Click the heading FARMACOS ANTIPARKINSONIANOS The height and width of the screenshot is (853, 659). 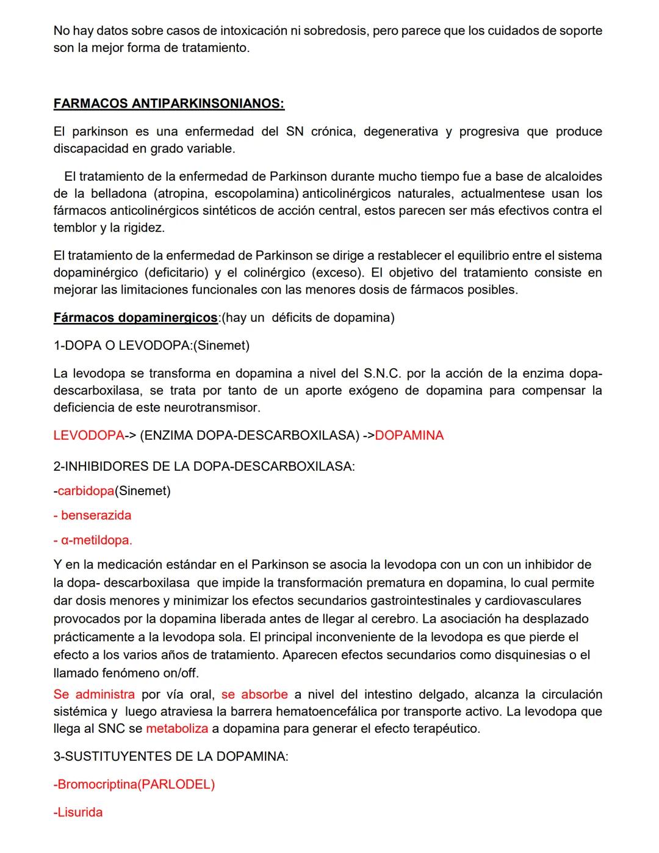pyautogui.click(x=169, y=104)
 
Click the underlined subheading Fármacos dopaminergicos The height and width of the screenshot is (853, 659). pyautogui.click(x=135, y=318)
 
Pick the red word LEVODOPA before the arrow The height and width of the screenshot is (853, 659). pyautogui.click(x=88, y=435)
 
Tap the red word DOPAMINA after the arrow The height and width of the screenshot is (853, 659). pyautogui.click(x=409, y=435)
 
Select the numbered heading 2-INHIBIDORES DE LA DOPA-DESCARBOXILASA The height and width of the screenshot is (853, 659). pyautogui.click(x=204, y=466)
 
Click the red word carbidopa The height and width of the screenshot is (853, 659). pyautogui.click(x=86, y=491)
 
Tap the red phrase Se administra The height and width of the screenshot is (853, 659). pyautogui.click(x=94, y=695)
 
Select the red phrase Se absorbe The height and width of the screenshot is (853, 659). pyautogui.click(x=254, y=695)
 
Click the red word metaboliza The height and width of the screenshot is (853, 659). pyautogui.click(x=177, y=729)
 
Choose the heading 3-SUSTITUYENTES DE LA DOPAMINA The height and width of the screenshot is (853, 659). pyautogui.click(x=171, y=757)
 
